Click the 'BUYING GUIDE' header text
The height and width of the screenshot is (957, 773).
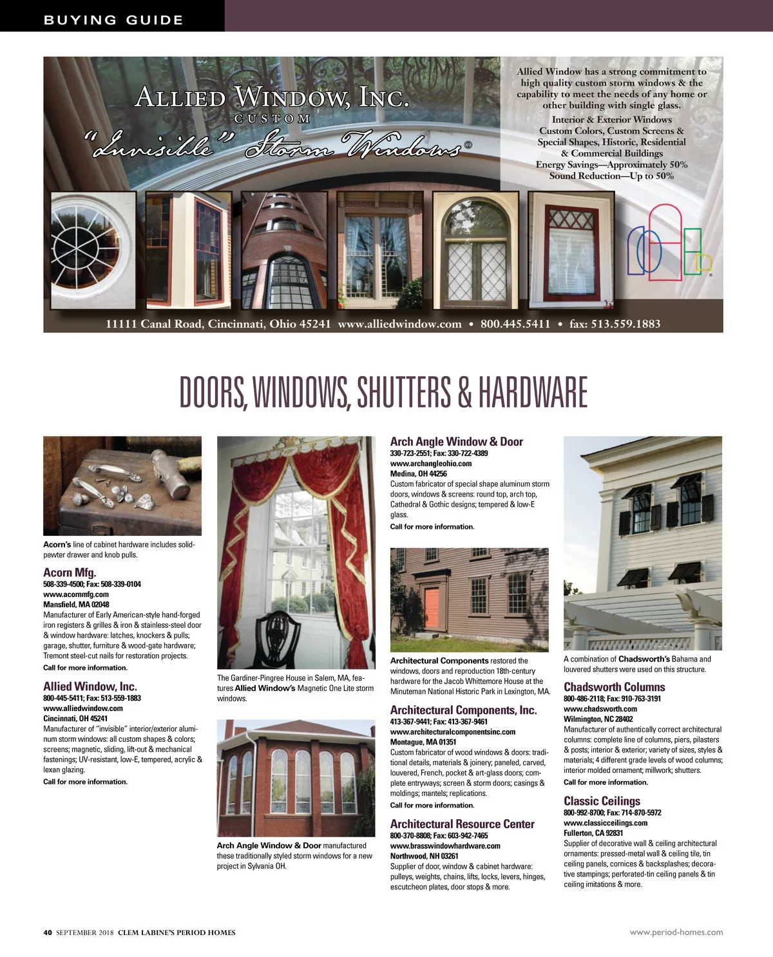113,20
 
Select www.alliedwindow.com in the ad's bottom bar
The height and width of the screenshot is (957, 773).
399,324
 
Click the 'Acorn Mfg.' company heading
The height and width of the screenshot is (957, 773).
70,573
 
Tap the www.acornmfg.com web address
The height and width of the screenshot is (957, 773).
76,594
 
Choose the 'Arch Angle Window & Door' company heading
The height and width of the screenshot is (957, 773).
456,442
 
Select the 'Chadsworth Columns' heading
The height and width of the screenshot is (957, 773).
614,687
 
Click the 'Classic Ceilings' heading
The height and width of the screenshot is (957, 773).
602,801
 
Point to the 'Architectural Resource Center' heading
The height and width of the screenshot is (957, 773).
462,824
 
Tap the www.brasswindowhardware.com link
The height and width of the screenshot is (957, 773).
445,846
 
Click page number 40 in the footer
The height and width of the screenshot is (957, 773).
47,933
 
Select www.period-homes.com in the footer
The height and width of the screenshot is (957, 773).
676,932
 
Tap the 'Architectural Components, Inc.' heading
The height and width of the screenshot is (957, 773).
463,710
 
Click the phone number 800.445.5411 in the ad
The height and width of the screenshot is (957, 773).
515,324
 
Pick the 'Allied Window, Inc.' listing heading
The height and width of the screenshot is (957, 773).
90,687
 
